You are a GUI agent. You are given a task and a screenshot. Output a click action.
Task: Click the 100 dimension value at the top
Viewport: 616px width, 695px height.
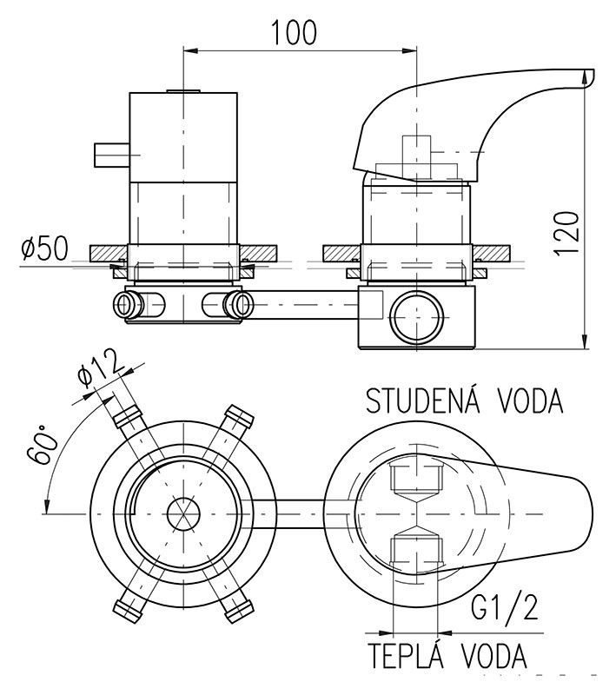294,32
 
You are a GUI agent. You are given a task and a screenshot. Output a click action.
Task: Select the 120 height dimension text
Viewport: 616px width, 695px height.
566,233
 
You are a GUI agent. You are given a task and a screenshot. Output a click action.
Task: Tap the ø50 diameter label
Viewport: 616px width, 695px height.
45,248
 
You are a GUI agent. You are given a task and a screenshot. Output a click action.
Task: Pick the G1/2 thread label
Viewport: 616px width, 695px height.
504,607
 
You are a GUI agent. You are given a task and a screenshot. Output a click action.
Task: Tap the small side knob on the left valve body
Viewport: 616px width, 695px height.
112,156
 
